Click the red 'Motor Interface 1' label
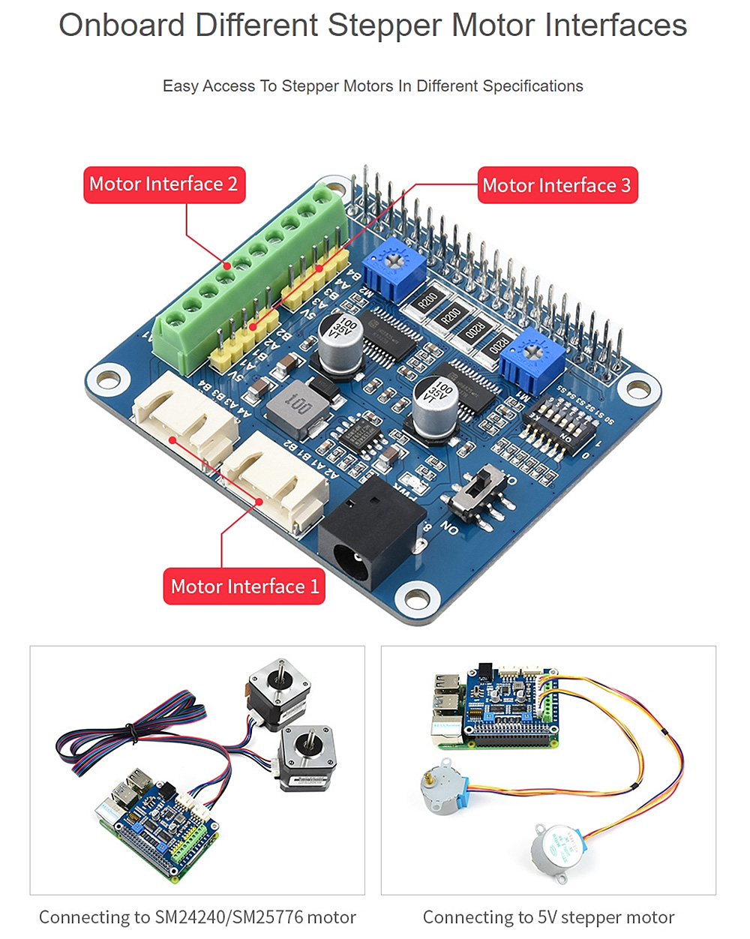click(244, 586)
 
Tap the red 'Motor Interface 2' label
click(163, 184)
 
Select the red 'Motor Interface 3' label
click(557, 185)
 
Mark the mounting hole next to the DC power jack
click(413, 598)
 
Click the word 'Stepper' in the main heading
click(385, 25)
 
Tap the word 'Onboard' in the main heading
click(121, 25)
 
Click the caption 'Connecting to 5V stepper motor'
click(548, 917)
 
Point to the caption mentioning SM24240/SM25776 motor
click(197, 917)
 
